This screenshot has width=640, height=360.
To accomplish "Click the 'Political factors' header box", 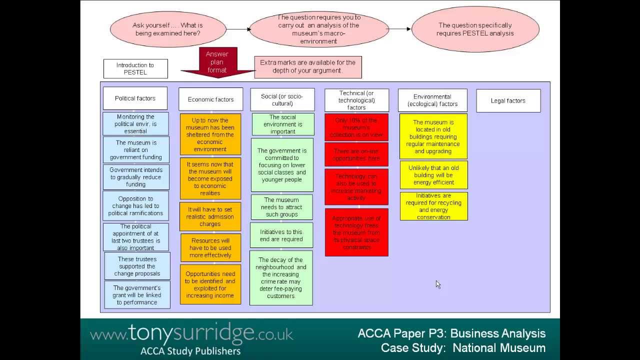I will (135, 98).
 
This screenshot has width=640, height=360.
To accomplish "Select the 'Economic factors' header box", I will (210, 99).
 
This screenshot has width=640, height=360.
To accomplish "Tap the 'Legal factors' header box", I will (508, 100).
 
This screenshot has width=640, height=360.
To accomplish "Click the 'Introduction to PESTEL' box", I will (135, 68).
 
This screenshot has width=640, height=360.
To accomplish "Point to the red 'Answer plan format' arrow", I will (217, 63).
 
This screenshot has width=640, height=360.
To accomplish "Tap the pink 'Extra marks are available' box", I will (307, 66).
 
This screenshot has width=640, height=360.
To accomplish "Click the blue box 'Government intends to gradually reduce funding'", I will (136, 177).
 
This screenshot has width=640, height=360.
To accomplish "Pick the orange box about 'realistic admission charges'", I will (210, 216).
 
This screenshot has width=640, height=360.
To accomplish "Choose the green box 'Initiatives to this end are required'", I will (281, 235).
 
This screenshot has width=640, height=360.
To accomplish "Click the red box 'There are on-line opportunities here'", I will (356, 154).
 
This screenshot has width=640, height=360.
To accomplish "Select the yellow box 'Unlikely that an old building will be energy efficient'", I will (433, 175).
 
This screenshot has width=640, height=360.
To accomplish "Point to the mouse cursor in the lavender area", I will (437, 283).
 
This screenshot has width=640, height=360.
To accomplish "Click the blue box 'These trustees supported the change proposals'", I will (137, 266).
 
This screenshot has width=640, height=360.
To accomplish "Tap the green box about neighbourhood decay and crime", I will (281, 277).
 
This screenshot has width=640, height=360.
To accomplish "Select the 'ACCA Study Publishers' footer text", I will (190, 350).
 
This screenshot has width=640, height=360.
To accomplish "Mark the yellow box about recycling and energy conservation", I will (433, 206).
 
